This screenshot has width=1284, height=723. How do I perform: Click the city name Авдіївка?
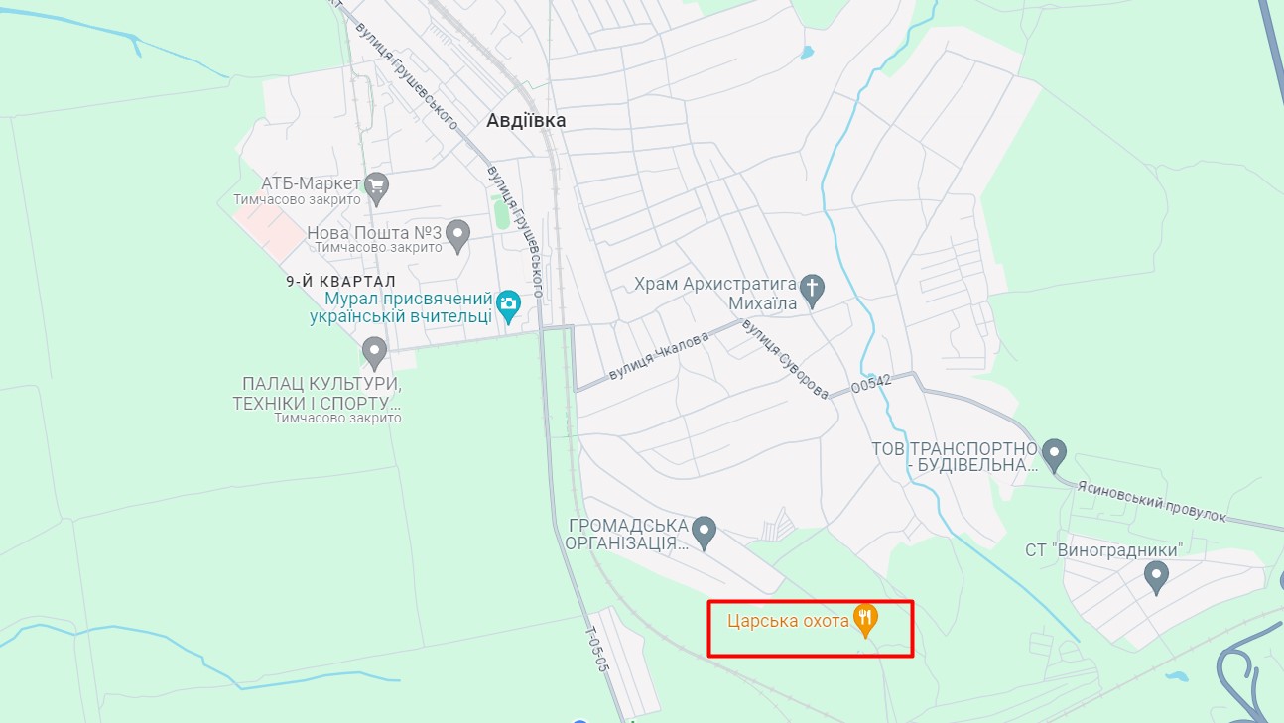coord(526,120)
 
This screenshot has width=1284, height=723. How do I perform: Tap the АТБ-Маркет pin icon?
coord(376,184)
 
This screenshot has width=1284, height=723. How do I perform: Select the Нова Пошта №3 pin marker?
coord(457,235)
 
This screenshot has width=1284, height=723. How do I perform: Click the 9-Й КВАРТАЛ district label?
coord(340,282)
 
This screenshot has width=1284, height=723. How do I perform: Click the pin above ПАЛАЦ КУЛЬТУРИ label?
coord(374,352)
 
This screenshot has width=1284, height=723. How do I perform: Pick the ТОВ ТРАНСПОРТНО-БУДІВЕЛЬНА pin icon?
coord(1055,455)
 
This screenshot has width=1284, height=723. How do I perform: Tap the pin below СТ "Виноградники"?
coord(1156,576)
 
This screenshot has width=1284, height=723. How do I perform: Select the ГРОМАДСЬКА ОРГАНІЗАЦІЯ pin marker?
coord(704,533)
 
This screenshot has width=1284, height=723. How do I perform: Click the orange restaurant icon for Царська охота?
coord(866,621)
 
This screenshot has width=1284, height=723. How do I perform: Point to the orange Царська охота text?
coord(788,622)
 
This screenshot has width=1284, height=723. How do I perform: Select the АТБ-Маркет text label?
coord(311,183)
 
